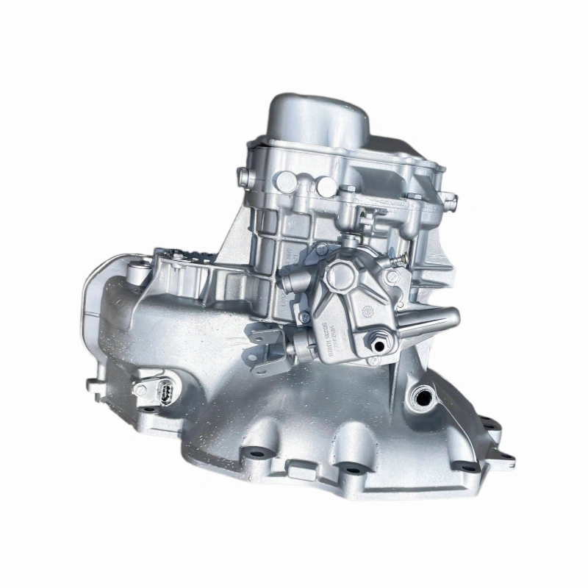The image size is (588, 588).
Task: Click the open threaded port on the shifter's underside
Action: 379,343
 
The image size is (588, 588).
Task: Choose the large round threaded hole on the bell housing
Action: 423,398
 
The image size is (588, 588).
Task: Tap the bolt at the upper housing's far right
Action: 450,198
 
